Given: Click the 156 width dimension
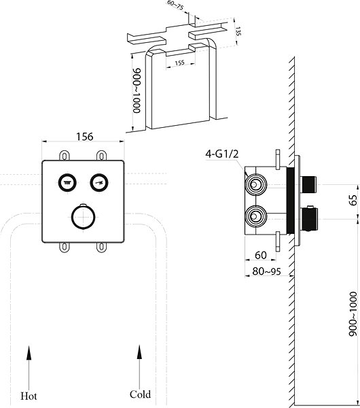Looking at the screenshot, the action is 84,137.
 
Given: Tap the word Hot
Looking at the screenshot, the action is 29,396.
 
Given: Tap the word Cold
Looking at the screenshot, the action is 140,394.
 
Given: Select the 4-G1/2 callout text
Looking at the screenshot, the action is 221,154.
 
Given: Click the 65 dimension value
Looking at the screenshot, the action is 353,200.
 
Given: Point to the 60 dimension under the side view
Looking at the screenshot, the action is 261,255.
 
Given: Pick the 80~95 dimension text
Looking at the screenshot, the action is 267,271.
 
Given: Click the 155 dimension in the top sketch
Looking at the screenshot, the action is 179,63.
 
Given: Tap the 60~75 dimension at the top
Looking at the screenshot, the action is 175,5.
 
